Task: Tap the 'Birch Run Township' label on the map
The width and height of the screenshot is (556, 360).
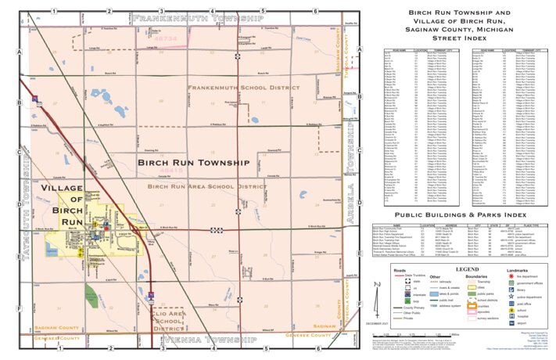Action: [193, 163]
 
